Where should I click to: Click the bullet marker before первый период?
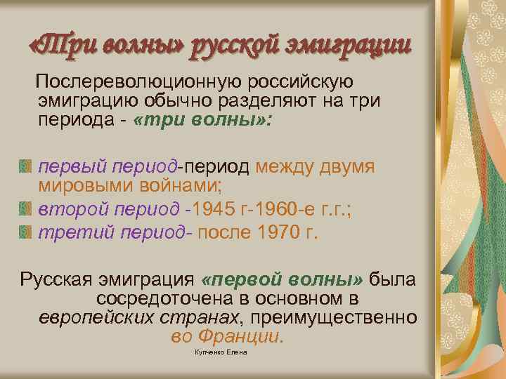(x=26, y=167)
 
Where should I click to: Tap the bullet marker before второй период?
(x=26, y=209)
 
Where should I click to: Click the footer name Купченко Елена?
(x=221, y=352)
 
